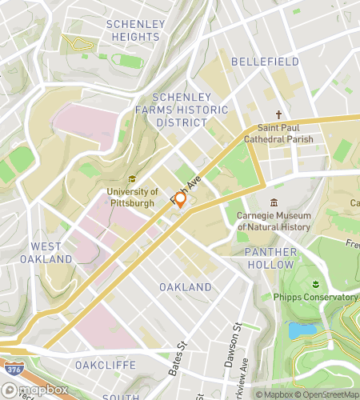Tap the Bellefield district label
pos(265,61)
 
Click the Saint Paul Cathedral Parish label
pos(285,133)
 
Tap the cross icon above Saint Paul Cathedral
pos(279,114)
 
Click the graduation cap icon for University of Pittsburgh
pos(132,179)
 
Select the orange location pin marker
pos(180,199)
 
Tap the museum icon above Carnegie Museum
pos(274,202)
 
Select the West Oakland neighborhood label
pos(51,253)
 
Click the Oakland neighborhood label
pos(186,286)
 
